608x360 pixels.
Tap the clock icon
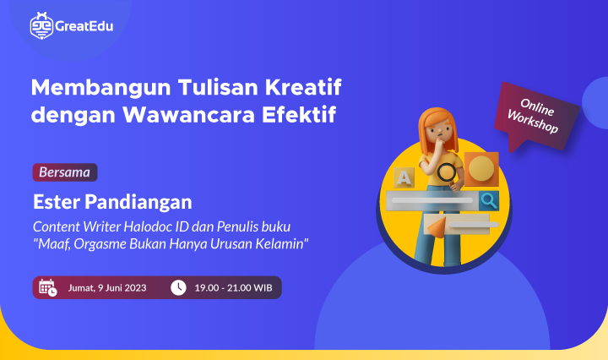click(x=177, y=287)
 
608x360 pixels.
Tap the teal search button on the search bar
click(x=488, y=200)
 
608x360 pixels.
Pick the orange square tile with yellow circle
click(x=480, y=169)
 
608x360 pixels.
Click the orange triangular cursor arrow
click(x=437, y=226)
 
